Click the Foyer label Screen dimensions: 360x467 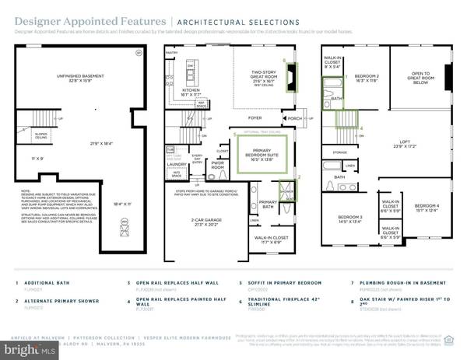pos(255,118)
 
